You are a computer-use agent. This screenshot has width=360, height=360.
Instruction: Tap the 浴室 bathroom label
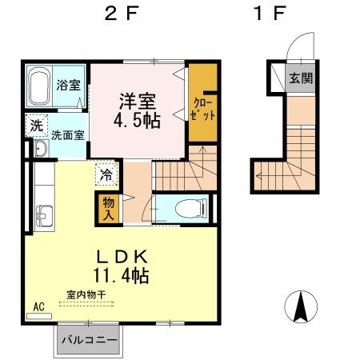68,84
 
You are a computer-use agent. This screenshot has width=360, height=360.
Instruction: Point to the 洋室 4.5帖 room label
137,110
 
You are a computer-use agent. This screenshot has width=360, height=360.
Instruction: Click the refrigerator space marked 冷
106,171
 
